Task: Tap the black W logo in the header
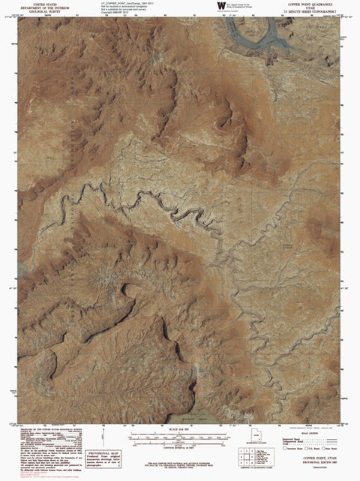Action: [220, 6]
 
